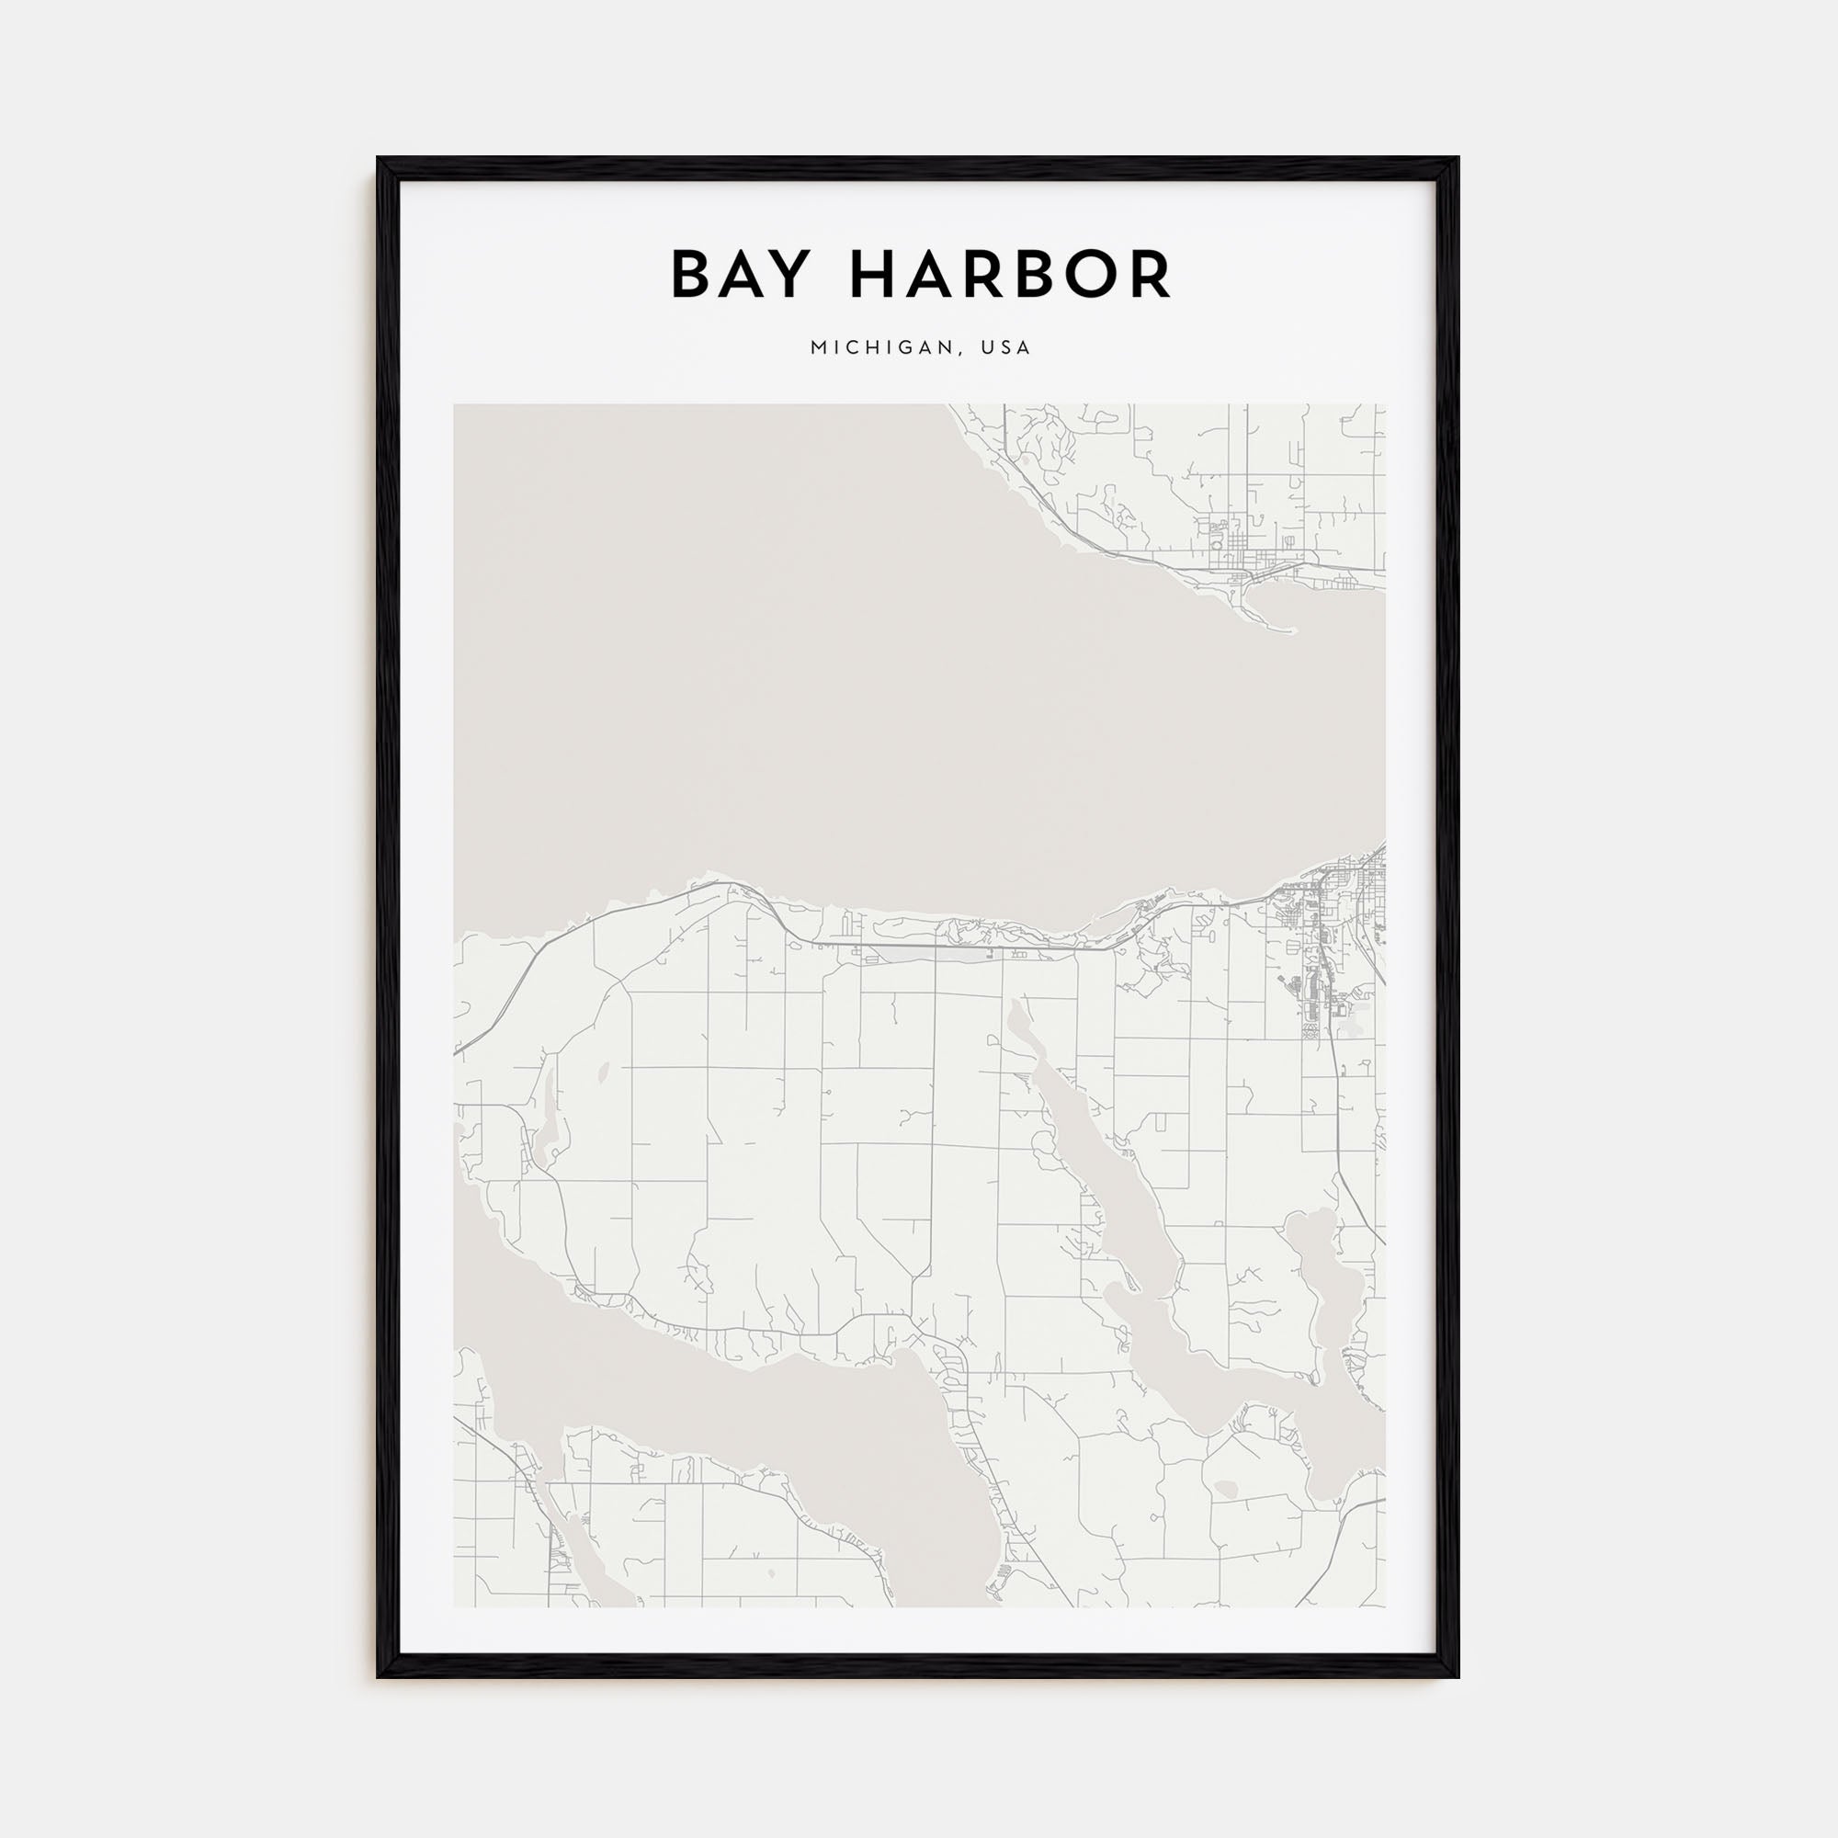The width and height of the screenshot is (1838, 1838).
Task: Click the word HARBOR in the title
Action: point(1010,276)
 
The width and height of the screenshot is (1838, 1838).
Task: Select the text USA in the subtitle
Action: point(1008,348)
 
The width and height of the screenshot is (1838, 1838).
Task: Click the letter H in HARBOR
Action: point(873,276)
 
